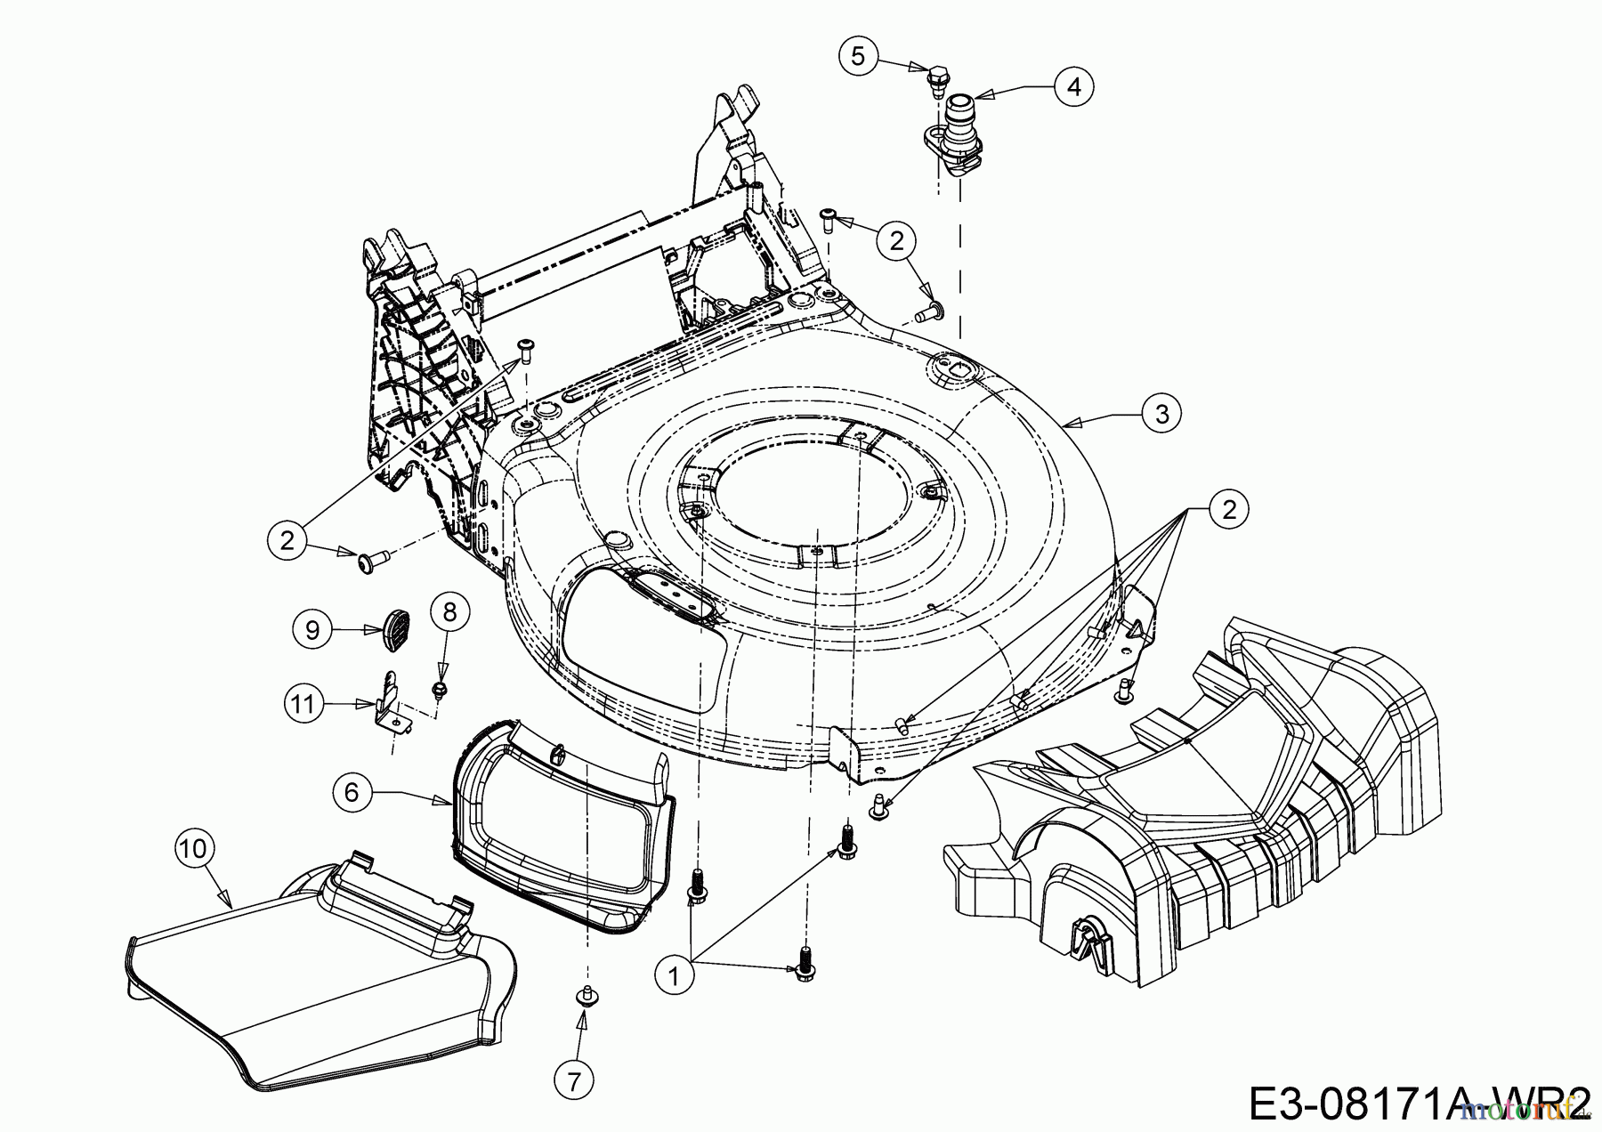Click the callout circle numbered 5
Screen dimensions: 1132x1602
(857, 56)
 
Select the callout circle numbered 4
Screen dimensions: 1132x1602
(1074, 86)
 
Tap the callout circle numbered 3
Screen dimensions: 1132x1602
(1161, 413)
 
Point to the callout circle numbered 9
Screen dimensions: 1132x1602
(312, 630)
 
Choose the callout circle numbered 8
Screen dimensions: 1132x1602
(449, 611)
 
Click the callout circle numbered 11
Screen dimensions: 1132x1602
(303, 704)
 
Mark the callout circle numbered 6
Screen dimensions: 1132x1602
(352, 790)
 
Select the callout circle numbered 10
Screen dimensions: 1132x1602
(194, 848)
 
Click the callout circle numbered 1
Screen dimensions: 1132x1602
(674, 976)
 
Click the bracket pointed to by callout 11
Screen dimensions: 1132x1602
(391, 705)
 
